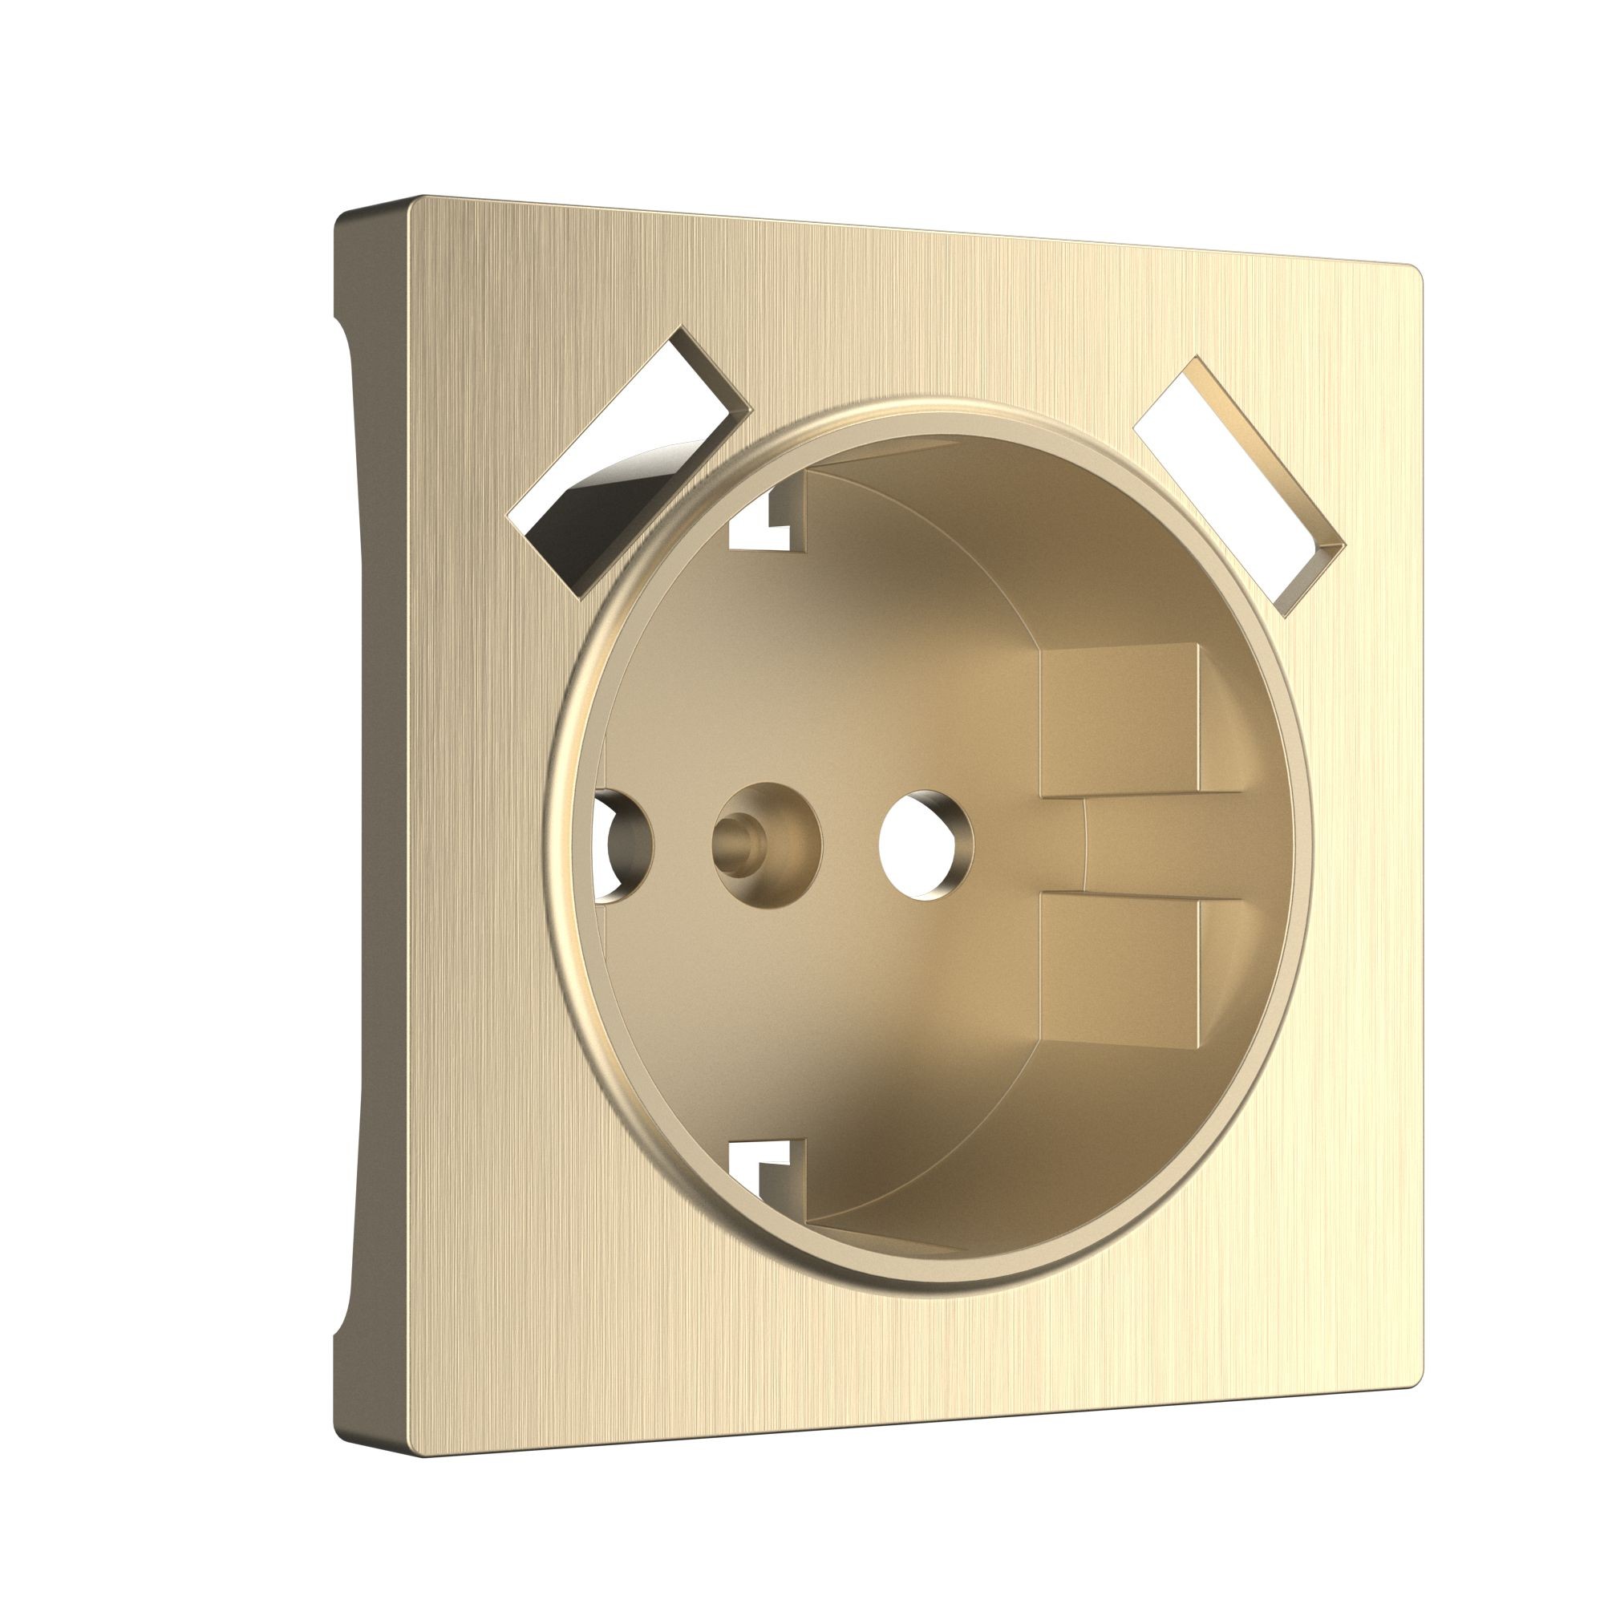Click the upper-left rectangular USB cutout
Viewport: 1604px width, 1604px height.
click(x=630, y=462)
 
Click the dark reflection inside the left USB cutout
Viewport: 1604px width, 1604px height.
click(x=581, y=498)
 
